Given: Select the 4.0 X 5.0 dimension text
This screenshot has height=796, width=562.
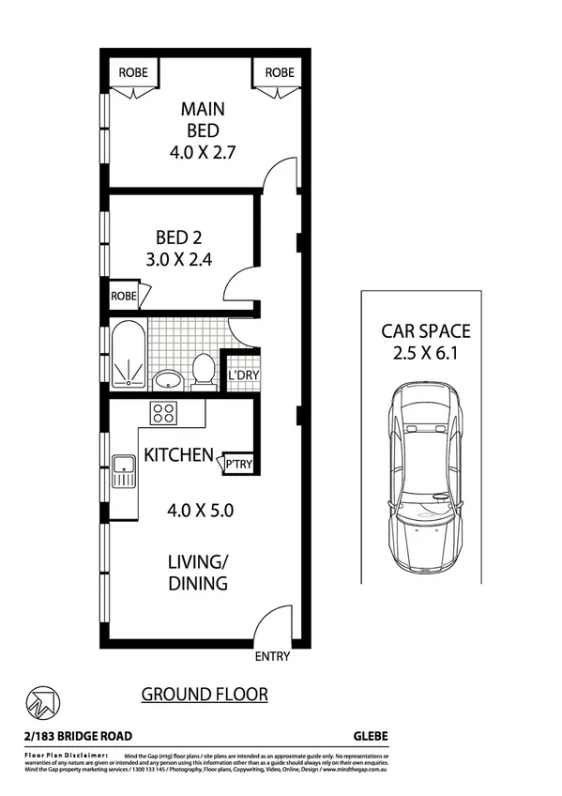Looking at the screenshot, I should (x=200, y=512).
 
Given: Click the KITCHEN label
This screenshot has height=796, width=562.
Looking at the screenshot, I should (x=178, y=455).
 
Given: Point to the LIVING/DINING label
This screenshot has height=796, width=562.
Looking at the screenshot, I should (x=198, y=573).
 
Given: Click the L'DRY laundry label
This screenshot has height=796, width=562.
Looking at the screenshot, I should (x=243, y=376).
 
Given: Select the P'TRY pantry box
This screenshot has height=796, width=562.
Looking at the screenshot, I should (x=237, y=463).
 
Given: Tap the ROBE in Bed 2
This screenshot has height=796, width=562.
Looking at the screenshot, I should (x=124, y=295).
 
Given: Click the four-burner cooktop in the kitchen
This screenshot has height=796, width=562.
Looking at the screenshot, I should (x=163, y=413).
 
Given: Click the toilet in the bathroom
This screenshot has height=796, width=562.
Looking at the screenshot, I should (x=203, y=370).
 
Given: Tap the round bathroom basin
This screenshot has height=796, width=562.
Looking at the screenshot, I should (x=168, y=379).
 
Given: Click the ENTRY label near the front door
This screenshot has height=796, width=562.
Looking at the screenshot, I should (x=272, y=657).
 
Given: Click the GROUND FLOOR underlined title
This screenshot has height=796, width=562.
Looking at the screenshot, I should (x=205, y=695).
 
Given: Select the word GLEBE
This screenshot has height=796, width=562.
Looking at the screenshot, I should (x=369, y=736).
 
